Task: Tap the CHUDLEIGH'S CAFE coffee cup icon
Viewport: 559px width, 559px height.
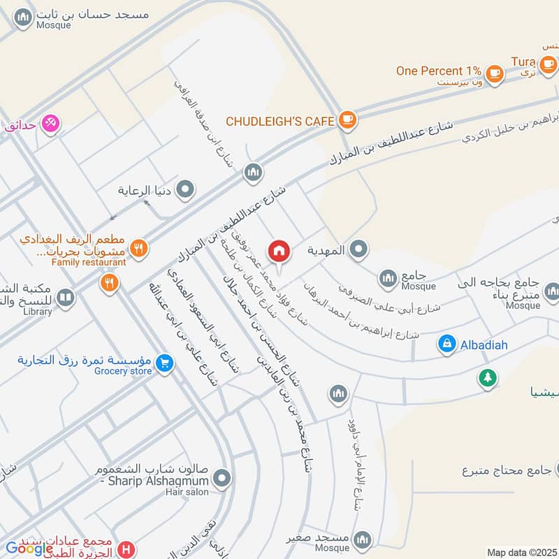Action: pos(346,121)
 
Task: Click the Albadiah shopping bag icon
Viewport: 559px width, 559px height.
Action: pos(446,344)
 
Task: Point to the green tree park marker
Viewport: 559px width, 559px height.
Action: pos(487,378)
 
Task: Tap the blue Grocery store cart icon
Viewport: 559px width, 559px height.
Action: pos(164,363)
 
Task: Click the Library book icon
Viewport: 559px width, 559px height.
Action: pos(65,299)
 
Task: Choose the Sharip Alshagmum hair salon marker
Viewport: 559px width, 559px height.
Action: pos(222,479)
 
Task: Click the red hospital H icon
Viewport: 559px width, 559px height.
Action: pos(126,550)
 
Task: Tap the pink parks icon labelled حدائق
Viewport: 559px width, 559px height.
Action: pos(50,124)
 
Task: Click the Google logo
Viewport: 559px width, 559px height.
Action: pos(30,549)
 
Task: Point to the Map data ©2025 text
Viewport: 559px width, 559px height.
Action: pos(521,553)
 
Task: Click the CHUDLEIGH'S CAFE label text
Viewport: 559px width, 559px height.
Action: pos(279,122)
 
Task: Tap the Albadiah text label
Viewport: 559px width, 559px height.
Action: pos(484,344)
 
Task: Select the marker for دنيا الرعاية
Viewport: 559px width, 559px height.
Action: pos(186,189)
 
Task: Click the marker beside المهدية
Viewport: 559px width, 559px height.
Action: pos(359,249)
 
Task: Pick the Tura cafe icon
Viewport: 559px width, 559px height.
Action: pos(548,64)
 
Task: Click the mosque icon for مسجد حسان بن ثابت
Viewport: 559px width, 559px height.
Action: pos(23,17)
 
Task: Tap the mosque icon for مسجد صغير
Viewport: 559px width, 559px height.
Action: pos(362,539)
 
